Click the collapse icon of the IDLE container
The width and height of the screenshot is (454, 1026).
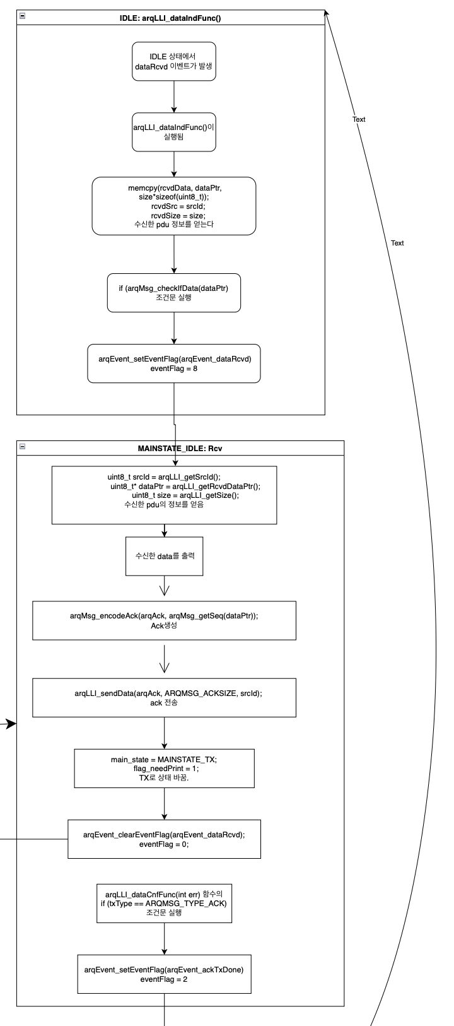(x=23, y=16)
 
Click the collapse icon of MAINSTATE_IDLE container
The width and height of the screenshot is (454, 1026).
(x=23, y=446)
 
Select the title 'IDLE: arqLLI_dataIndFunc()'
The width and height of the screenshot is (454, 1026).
(x=170, y=18)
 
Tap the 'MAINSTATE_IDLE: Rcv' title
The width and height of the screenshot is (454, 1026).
(x=180, y=449)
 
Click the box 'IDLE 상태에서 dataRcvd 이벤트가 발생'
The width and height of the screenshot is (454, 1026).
(x=174, y=61)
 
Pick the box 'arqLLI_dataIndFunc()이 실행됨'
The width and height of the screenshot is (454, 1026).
(x=174, y=132)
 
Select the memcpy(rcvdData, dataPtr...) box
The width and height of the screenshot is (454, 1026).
(x=174, y=206)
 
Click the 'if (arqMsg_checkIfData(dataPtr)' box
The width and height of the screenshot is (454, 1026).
(x=174, y=293)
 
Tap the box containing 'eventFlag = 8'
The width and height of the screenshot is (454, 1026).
(x=174, y=363)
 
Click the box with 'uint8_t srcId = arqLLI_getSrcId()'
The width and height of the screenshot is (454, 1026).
(x=165, y=495)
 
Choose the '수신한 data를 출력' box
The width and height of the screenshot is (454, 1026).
(x=165, y=556)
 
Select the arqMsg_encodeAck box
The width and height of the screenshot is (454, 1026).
(x=165, y=621)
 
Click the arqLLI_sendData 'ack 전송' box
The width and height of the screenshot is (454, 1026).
(x=165, y=698)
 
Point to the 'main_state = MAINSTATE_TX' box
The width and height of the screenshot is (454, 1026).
(x=165, y=769)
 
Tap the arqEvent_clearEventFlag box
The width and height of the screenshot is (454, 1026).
(x=165, y=839)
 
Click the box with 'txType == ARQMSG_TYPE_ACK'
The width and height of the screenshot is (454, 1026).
(x=165, y=903)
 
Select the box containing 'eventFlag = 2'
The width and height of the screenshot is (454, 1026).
(x=165, y=974)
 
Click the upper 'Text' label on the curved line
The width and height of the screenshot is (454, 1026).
(x=359, y=119)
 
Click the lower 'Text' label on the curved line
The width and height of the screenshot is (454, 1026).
(x=397, y=243)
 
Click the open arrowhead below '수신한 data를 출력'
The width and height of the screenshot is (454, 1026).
(x=165, y=591)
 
